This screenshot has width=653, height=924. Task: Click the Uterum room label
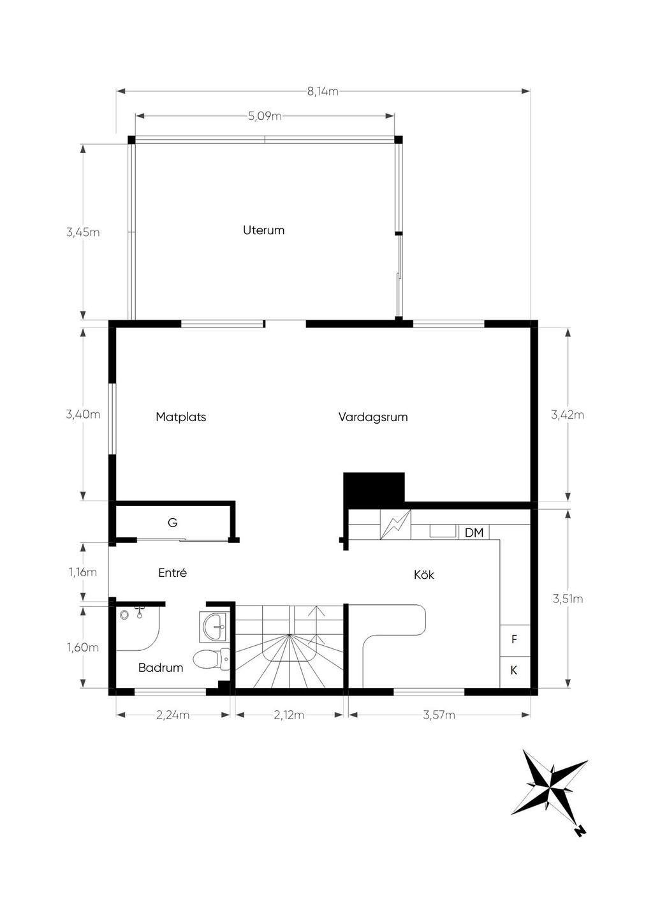(263, 230)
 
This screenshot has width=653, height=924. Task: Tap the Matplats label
(180, 417)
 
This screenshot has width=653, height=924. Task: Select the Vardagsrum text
(372, 417)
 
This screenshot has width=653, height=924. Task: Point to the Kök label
(424, 574)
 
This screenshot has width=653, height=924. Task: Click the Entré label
(172, 572)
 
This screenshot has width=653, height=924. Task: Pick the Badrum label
(160, 667)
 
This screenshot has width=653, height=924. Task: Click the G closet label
(172, 523)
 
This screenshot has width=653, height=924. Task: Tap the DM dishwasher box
(474, 532)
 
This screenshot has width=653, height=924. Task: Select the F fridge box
(515, 640)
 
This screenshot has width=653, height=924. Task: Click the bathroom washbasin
(213, 627)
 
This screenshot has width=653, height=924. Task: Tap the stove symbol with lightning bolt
(395, 525)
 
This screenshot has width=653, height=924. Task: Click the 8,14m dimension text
(323, 91)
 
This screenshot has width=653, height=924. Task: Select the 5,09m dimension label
(265, 116)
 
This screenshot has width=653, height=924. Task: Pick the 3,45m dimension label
(83, 232)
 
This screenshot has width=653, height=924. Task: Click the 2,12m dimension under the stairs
(289, 715)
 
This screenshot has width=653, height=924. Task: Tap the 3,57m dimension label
(439, 715)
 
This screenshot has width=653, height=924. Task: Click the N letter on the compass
(581, 830)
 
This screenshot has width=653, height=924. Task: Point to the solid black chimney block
(374, 487)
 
